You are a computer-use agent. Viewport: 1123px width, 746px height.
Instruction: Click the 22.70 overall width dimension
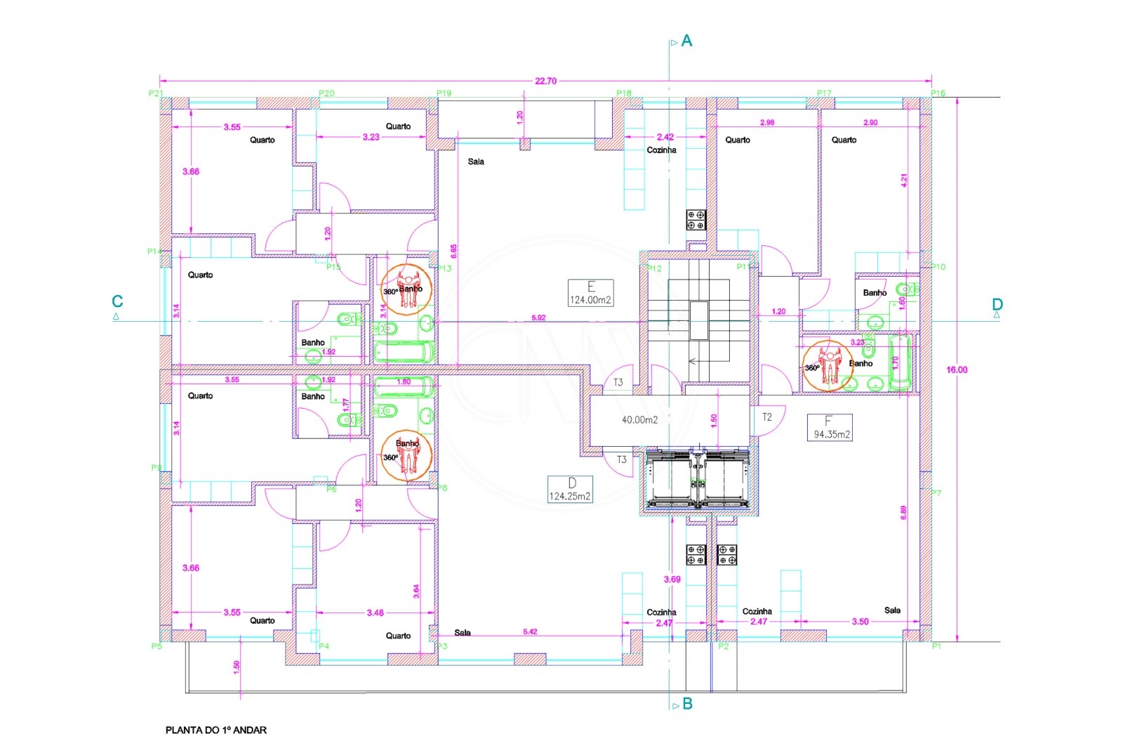[545, 81]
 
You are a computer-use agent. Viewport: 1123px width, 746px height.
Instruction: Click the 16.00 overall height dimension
[957, 369]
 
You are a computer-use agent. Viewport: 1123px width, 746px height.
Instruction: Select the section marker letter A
[686, 41]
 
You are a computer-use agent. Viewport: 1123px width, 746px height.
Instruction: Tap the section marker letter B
[687, 704]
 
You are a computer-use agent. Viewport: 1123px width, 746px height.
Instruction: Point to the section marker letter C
[117, 301]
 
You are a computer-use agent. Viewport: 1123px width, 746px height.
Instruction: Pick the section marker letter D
[997, 304]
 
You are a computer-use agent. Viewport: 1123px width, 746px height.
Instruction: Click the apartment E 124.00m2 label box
[590, 292]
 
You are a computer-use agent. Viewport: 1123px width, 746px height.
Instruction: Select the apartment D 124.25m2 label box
[570, 489]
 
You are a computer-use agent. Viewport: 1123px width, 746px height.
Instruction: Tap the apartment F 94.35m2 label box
[829, 427]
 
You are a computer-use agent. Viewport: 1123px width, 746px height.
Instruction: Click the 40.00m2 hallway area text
[639, 420]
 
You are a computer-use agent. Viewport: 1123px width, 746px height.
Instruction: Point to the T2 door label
[767, 417]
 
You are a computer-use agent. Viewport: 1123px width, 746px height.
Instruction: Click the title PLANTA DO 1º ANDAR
[216, 730]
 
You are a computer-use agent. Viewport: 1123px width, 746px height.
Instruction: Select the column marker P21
[156, 93]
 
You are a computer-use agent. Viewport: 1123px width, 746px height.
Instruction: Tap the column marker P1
[936, 646]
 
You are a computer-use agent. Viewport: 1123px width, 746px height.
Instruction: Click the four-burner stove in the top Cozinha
[696, 220]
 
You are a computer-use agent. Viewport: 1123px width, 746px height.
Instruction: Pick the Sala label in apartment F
[892, 610]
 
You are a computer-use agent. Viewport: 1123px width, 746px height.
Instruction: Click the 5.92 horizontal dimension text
[538, 318]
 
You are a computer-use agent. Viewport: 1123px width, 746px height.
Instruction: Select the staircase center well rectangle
[698, 320]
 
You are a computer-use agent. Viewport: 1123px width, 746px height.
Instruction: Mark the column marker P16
[938, 93]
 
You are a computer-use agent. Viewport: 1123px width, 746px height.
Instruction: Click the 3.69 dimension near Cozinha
[672, 580]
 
